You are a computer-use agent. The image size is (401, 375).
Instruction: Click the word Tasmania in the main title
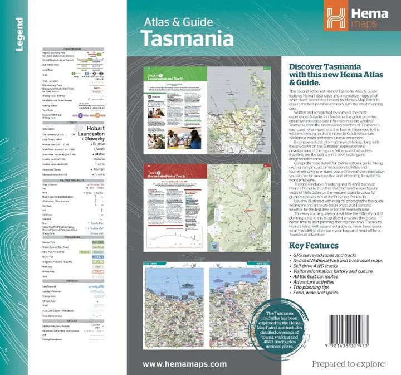tap(187, 38)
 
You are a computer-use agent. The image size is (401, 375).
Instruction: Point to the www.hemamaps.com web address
tap(185, 364)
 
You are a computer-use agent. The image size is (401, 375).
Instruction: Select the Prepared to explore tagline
tap(348, 364)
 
